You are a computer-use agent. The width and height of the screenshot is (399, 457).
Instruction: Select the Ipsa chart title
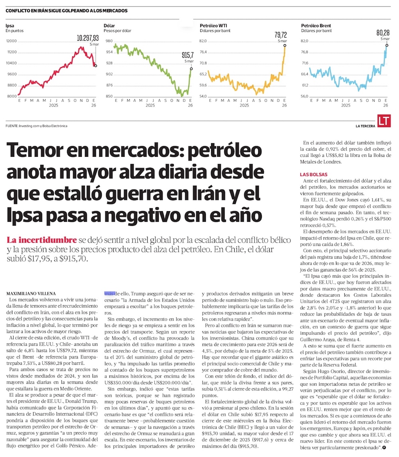[10, 26]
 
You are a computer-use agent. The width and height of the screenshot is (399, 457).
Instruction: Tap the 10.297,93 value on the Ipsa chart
[88, 38]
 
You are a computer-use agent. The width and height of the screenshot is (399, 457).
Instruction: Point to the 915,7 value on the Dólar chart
[187, 55]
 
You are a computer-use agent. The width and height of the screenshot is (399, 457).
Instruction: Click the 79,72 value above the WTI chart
[280, 35]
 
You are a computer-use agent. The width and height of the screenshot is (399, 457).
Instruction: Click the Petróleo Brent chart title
[316, 26]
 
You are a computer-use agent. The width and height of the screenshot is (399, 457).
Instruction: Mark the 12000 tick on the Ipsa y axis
[12, 41]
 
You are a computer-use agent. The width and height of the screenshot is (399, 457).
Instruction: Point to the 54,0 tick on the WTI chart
[203, 96]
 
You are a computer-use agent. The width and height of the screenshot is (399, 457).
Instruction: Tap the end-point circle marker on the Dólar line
[191, 69]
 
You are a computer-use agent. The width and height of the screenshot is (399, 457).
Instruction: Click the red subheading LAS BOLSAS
[314, 174]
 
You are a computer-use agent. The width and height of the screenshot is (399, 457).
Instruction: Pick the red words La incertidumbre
[41, 240]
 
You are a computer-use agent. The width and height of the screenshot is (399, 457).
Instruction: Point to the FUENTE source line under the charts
[37, 126]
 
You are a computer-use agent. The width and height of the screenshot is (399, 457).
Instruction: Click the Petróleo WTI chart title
[213, 26]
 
